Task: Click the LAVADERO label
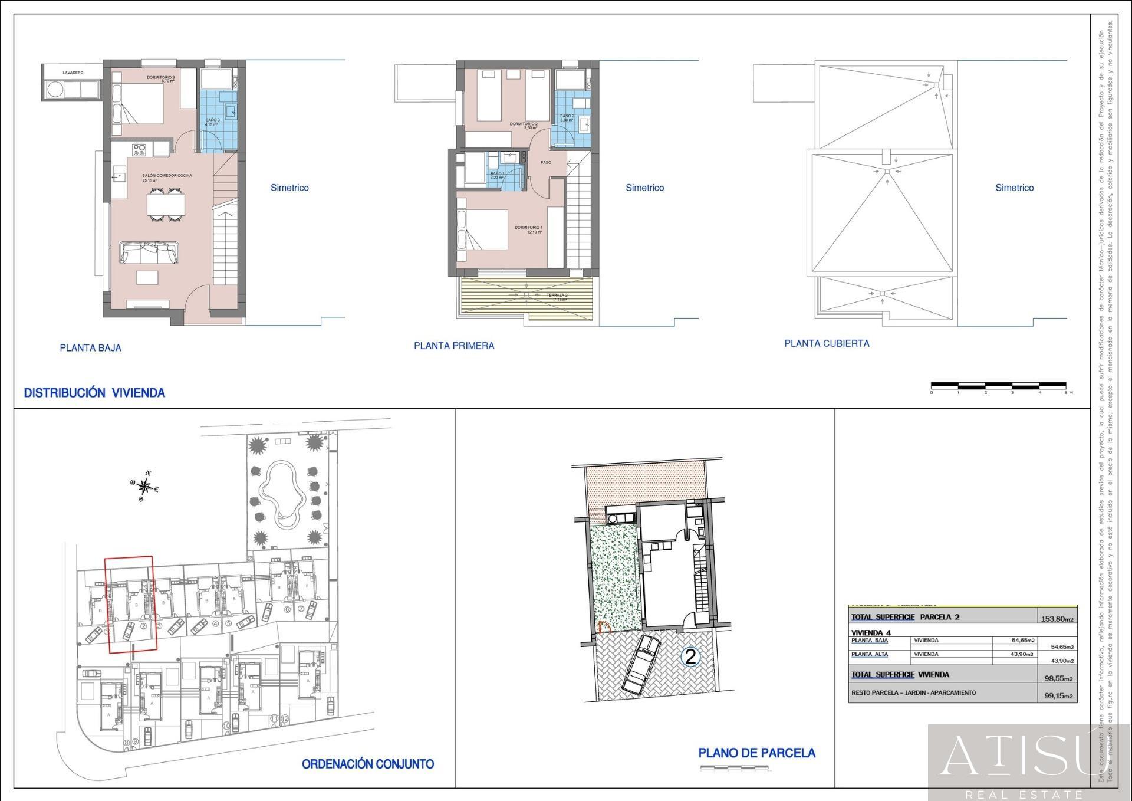pyautogui.click(x=73, y=73)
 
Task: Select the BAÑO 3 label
pyautogui.click(x=212, y=121)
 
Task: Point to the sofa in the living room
pyautogui.click(x=150, y=252)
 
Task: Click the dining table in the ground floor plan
pyautogui.click(x=166, y=205)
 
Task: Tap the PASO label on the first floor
pyautogui.click(x=546, y=162)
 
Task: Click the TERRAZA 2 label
pyautogui.click(x=557, y=297)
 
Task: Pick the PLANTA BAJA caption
pyautogui.click(x=90, y=348)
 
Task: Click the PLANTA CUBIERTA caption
pyautogui.click(x=827, y=343)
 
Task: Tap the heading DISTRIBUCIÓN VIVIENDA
pyautogui.click(x=94, y=393)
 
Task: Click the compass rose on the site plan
pyautogui.click(x=144, y=487)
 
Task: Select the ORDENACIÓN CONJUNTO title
pyautogui.click(x=368, y=764)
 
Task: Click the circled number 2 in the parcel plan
pyautogui.click(x=690, y=656)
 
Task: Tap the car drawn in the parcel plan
pyautogui.click(x=641, y=664)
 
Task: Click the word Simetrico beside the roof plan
pyautogui.click(x=1015, y=188)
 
